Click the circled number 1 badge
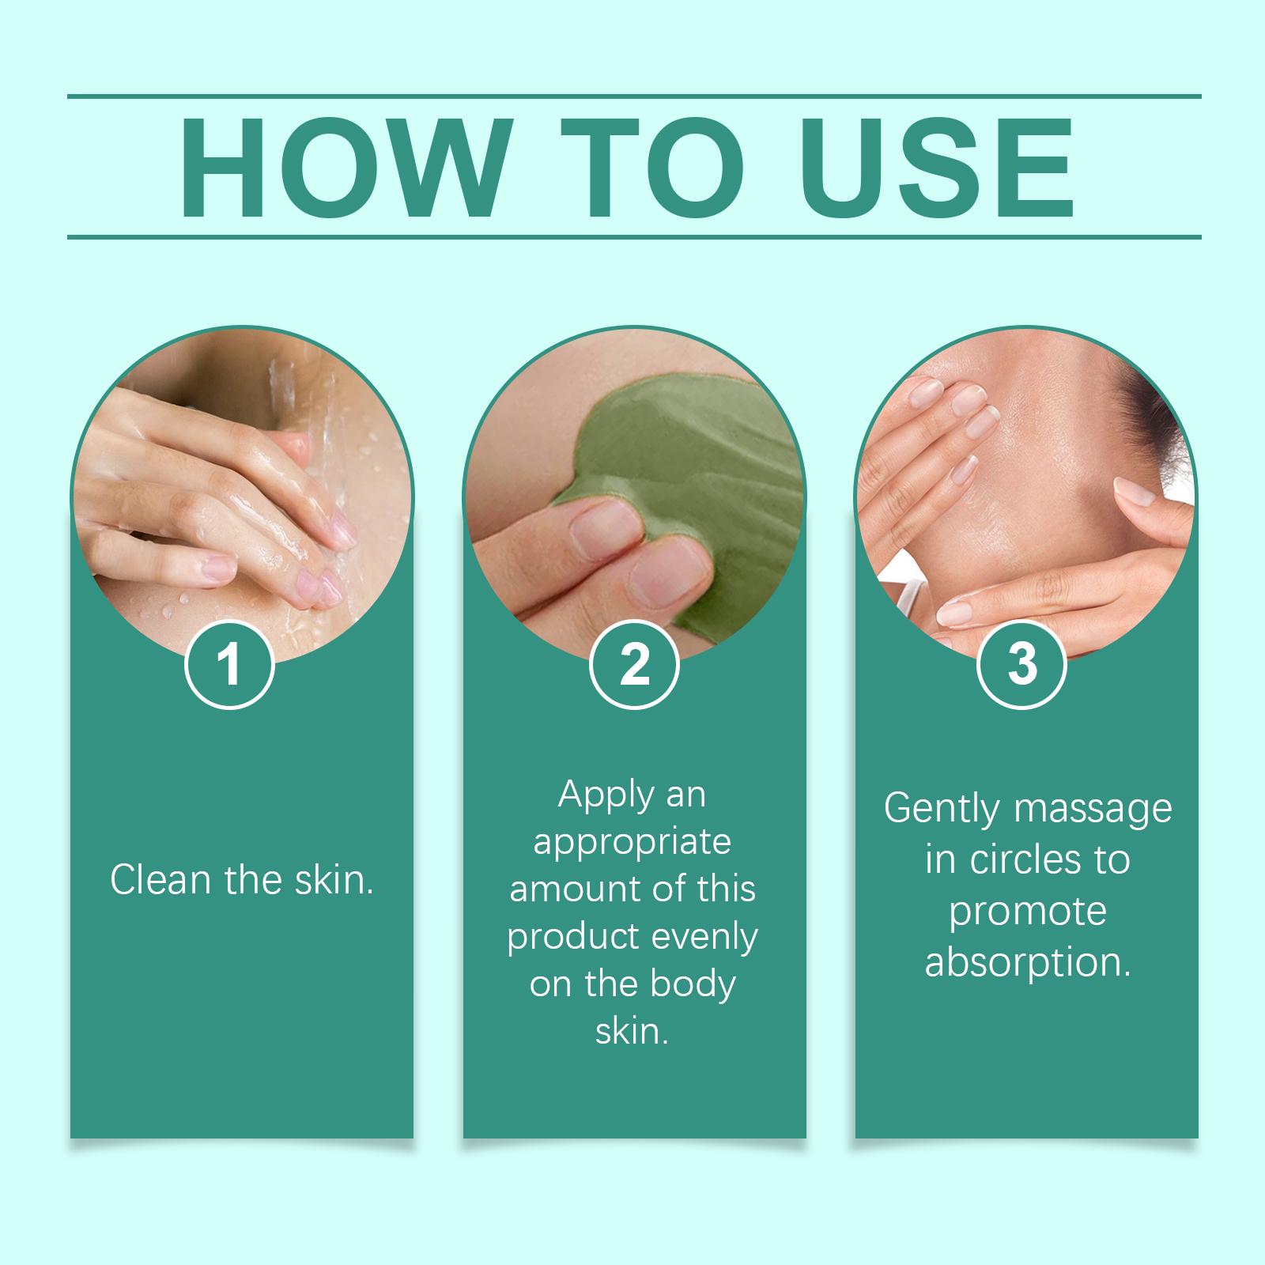pos(229,664)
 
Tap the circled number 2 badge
pos(634,664)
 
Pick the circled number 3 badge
pos(1022,664)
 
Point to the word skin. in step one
pos(334,879)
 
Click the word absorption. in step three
pos(1028,961)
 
